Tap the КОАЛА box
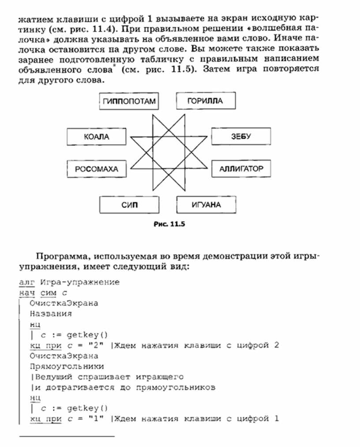pyautogui.click(x=96, y=137)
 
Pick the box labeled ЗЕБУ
pyautogui.click(x=240, y=136)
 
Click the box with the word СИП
pyautogui.click(x=128, y=205)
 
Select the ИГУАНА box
pyautogui.click(x=206, y=205)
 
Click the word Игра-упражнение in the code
pyautogui.click(x=79, y=282)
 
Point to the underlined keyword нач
pyautogui.click(x=26, y=293)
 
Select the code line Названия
pyautogui.click(x=51, y=314)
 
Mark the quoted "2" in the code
pyautogui.click(x=101, y=346)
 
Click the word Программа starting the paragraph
pyautogui.click(x=60, y=257)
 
